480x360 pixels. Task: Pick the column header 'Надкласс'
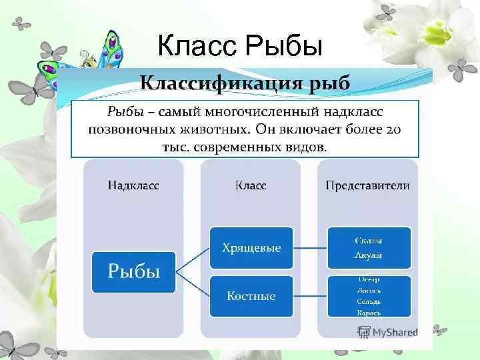(x=133, y=185)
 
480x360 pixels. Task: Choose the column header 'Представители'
(x=367, y=185)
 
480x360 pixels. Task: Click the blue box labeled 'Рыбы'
(x=133, y=271)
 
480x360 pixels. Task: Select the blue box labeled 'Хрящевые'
(x=251, y=248)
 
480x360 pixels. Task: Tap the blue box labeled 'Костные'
(x=251, y=295)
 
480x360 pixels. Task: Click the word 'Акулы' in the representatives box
(x=369, y=255)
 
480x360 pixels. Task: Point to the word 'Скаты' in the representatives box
(x=369, y=241)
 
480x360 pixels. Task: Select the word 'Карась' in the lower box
(x=369, y=313)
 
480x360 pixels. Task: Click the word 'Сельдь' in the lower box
(x=369, y=301)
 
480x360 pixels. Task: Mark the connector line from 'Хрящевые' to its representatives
(x=310, y=248)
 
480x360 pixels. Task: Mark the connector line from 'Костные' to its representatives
(x=310, y=295)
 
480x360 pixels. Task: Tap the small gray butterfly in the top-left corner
(x=22, y=23)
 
